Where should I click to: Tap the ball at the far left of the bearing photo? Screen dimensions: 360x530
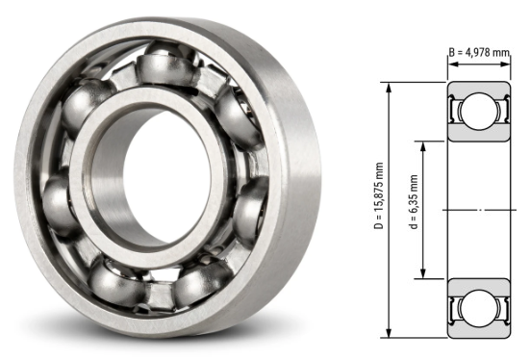tap(60, 203)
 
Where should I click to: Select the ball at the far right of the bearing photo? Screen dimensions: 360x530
tap(253, 206)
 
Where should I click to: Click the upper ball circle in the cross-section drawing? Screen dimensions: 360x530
tap(477, 114)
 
